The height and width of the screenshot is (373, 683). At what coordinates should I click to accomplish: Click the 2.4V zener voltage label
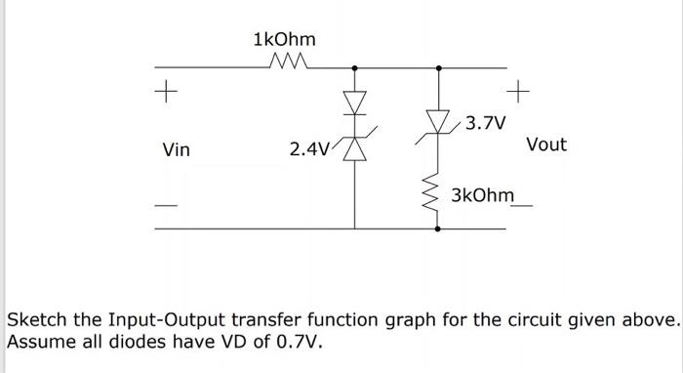click(309, 149)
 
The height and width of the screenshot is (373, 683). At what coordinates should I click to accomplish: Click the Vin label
click(177, 150)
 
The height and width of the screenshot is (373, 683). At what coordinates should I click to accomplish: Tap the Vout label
click(545, 145)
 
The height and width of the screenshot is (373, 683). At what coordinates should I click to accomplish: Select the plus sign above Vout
click(518, 95)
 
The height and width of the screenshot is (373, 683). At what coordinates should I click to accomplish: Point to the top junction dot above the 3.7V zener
click(437, 68)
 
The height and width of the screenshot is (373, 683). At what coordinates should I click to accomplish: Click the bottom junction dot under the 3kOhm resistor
click(436, 228)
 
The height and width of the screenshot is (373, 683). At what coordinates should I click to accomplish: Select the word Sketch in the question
click(34, 320)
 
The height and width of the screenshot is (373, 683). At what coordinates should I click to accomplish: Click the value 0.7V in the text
click(299, 343)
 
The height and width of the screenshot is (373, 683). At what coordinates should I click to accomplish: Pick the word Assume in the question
click(39, 343)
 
